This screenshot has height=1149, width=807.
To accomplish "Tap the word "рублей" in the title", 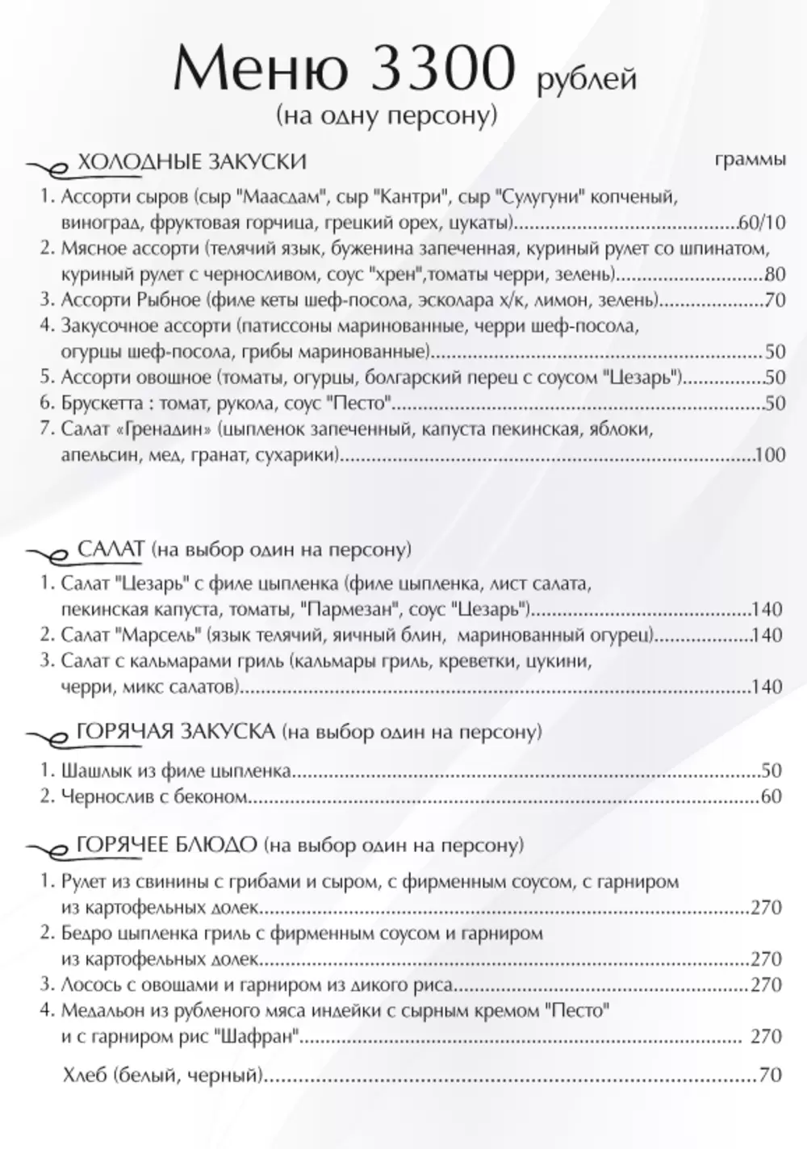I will [585, 79].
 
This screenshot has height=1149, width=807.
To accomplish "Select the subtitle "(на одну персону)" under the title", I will [386, 115].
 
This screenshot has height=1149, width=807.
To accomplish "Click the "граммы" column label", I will [751, 159].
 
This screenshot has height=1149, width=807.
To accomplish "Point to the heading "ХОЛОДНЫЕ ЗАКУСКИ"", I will [191, 161].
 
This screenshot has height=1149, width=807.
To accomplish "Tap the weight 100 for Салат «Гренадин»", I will [771, 456].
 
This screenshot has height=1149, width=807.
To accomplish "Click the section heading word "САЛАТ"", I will [111, 549].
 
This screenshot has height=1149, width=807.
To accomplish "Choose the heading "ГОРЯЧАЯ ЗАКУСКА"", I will [176, 732].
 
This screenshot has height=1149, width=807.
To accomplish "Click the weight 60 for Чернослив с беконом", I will [771, 797].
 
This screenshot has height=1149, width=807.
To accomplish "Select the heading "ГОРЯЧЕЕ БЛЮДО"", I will [167, 845].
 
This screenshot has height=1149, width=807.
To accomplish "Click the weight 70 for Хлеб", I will [771, 1075].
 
